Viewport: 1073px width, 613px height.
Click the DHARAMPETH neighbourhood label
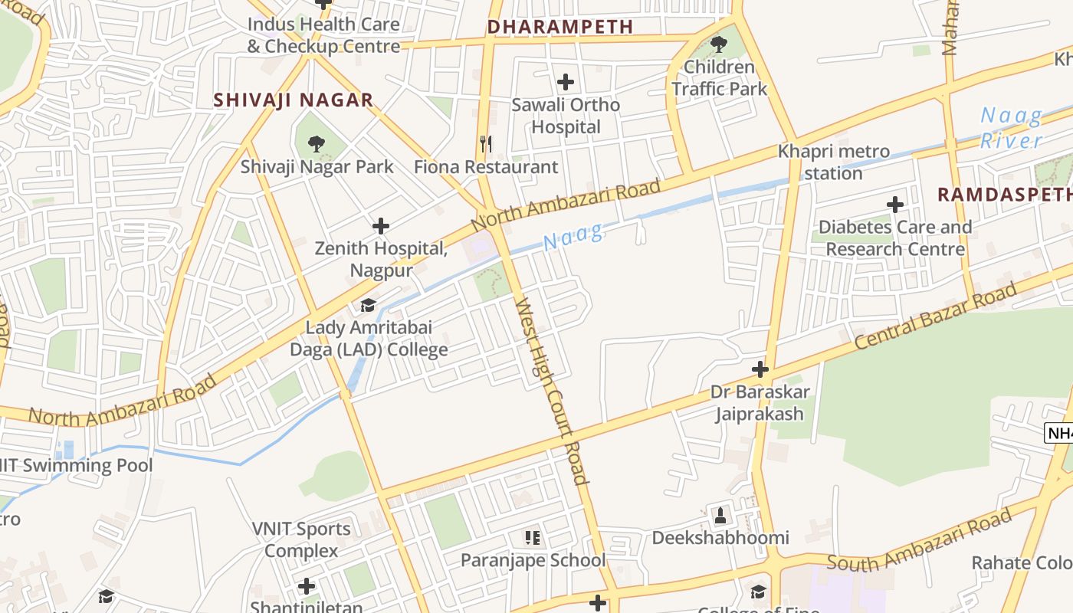tap(560, 27)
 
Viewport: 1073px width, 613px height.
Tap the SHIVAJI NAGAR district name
tap(294, 100)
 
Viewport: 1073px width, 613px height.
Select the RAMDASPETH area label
tap(1005, 195)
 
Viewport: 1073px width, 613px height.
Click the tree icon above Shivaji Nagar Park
tap(316, 143)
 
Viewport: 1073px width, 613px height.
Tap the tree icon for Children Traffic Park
tap(718, 44)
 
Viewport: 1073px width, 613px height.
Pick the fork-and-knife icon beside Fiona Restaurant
tap(485, 143)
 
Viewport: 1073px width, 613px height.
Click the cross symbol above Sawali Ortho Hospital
tap(566, 81)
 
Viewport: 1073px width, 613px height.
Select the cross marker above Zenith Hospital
tap(381, 226)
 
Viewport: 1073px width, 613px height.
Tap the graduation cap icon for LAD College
tap(369, 306)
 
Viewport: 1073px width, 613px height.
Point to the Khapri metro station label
tap(834, 162)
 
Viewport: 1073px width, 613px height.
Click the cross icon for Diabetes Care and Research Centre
tap(894, 205)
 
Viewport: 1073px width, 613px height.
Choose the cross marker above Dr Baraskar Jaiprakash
tap(760, 370)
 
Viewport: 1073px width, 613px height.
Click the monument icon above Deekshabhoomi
tap(720, 516)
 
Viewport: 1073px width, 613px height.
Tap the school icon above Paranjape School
tap(533, 538)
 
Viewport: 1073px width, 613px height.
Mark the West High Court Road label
tap(552, 391)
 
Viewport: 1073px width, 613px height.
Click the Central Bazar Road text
tap(935, 316)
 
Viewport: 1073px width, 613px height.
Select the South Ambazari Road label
tap(920, 543)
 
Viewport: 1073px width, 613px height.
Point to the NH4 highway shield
tap(1060, 433)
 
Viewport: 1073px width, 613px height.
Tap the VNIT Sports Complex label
tap(301, 539)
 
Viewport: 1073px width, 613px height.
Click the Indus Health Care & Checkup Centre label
tap(323, 35)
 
